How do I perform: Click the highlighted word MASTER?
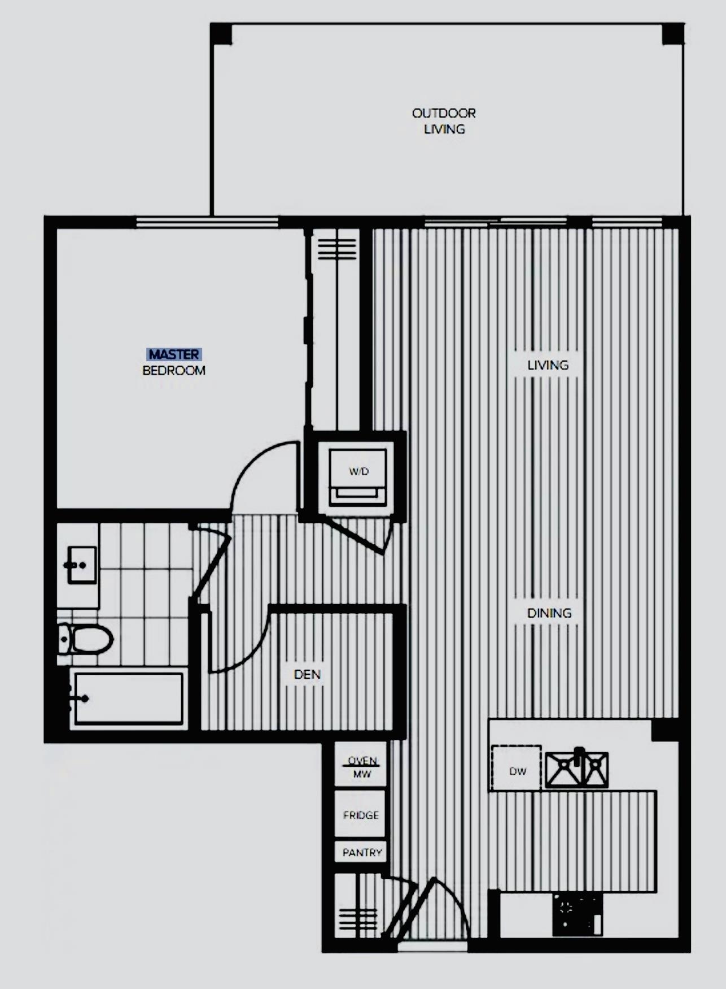pyautogui.click(x=174, y=354)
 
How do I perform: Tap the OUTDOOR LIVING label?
pyautogui.click(x=444, y=121)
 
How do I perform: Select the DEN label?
pyautogui.click(x=307, y=674)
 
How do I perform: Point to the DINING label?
pyautogui.click(x=549, y=613)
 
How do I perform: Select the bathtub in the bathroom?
pyautogui.click(x=128, y=699)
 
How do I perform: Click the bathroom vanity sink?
pyautogui.click(x=82, y=565)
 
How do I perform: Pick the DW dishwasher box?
pyautogui.click(x=517, y=768)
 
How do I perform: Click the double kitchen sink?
pyautogui.click(x=576, y=769)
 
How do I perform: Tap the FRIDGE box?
pyautogui.click(x=361, y=814)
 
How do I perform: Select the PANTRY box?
pyautogui.click(x=361, y=852)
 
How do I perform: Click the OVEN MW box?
pyautogui.click(x=361, y=766)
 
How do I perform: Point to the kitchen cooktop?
pyautogui.click(x=578, y=914)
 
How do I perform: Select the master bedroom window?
pyautogui.click(x=208, y=222)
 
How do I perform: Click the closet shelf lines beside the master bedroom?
pyautogui.click(x=337, y=249)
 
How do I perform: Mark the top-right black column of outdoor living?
pyautogui.click(x=673, y=34)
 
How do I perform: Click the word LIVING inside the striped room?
pyautogui.click(x=548, y=365)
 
